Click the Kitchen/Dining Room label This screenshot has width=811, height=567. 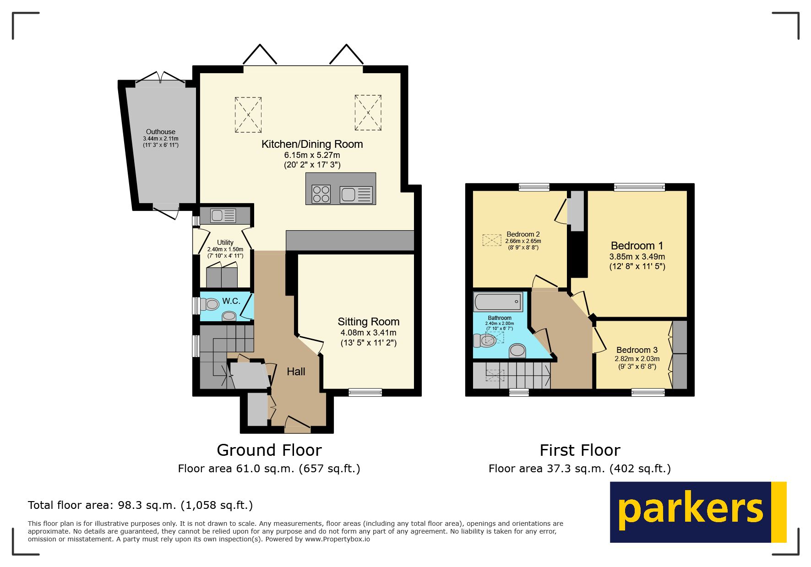tap(312, 144)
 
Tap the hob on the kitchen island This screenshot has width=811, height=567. tap(321, 194)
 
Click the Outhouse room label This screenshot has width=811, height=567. tap(160, 132)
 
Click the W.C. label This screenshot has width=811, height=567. tap(231, 301)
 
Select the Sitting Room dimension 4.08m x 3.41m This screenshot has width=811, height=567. tap(368, 333)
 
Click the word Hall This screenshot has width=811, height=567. tap(296, 372)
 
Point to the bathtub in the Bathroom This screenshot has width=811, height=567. tap(498, 302)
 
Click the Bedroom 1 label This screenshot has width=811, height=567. tap(637, 246)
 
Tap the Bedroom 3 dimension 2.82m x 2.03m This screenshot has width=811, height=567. tap(637, 359)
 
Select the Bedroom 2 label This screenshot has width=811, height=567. tap(523, 234)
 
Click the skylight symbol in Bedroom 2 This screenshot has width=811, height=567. tap(492, 240)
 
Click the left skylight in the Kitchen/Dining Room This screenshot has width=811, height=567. tap(248, 115)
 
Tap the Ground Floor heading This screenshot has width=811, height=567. tap(269, 450)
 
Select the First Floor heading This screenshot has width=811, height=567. tap(580, 450)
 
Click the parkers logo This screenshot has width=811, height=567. tap(697, 512)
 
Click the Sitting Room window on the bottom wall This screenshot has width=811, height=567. tap(365, 392)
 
